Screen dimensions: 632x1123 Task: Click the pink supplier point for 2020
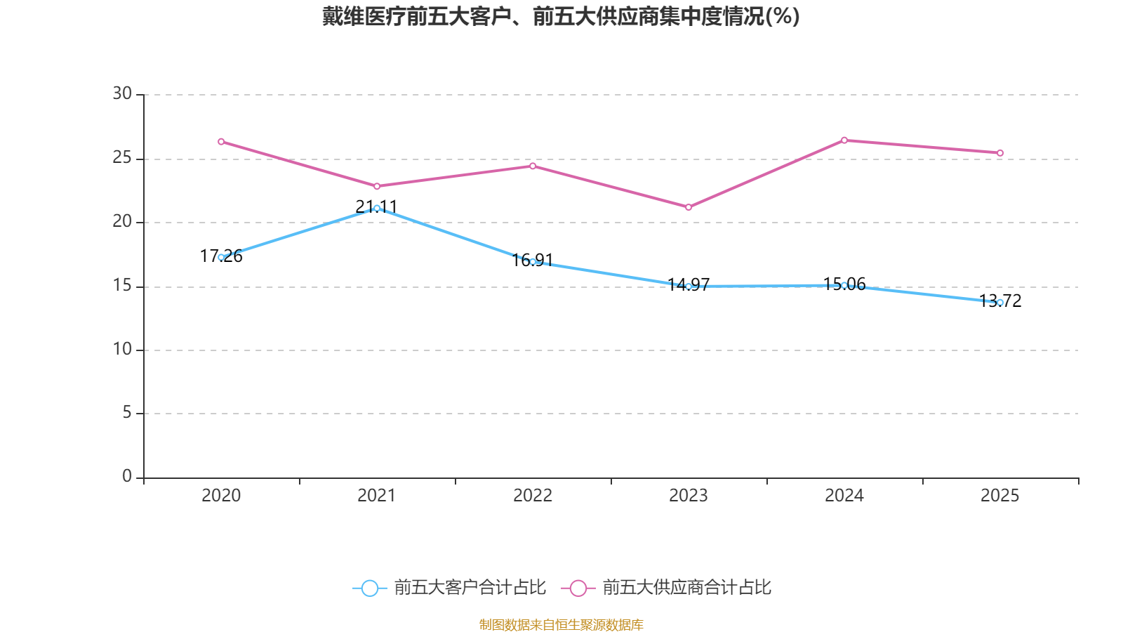pos(221,142)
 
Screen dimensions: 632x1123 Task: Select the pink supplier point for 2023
pos(689,207)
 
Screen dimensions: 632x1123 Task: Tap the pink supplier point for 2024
pos(844,140)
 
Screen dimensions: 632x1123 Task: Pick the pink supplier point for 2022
pos(533,166)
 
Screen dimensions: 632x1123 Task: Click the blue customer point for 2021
pos(377,209)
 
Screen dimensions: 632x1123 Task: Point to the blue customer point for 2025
pos(1000,303)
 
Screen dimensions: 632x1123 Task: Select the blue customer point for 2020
pos(221,257)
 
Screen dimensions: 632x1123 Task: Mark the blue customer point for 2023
pos(689,287)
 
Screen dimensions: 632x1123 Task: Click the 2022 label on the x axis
pos(533,496)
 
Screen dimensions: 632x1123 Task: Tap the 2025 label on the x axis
pos(999,496)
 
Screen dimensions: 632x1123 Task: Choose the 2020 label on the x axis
pos(221,496)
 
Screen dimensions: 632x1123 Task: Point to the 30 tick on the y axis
pos(122,94)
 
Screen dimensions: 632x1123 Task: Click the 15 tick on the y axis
pos(122,286)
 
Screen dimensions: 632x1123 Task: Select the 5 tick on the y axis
pos(127,413)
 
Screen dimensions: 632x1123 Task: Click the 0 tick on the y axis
pos(127,477)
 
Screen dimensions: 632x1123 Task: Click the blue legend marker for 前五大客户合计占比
pos(369,588)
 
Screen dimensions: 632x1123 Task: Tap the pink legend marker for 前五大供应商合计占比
pos(578,588)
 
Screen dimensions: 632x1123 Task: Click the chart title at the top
pos(561,16)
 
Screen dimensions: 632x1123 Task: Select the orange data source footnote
pos(561,624)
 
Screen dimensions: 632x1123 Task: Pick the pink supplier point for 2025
pos(1000,153)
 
